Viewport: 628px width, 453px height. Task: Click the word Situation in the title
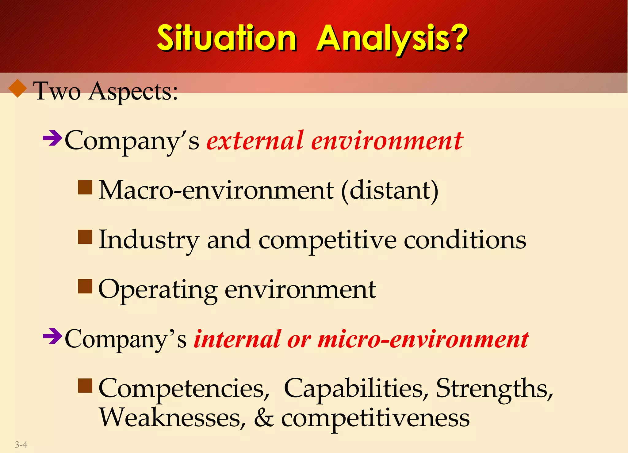click(x=226, y=38)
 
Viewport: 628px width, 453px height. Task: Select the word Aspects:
click(x=133, y=92)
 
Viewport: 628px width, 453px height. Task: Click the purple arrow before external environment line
click(x=52, y=138)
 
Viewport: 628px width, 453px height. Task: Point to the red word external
click(x=255, y=141)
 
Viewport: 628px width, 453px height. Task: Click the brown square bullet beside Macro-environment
click(x=85, y=187)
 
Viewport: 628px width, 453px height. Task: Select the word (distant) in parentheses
click(x=389, y=191)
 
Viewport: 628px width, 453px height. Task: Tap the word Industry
click(x=149, y=240)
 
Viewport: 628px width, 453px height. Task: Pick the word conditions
click(x=465, y=240)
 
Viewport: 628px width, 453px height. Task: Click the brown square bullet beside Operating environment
click(x=85, y=286)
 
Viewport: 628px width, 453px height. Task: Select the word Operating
click(x=158, y=290)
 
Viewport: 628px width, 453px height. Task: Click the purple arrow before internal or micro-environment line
click(x=52, y=336)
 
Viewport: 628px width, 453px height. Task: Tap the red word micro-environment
click(x=423, y=339)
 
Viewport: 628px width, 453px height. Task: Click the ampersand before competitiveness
click(x=263, y=418)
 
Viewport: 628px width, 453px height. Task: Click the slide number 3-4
click(x=21, y=444)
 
